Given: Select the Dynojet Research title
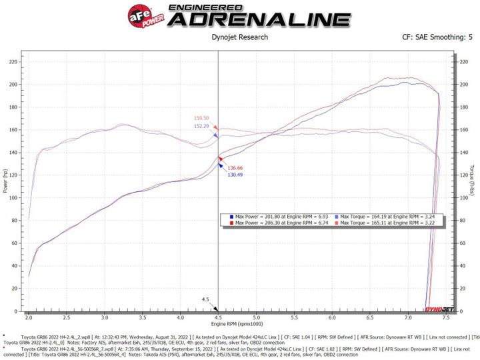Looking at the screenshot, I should (x=239, y=39).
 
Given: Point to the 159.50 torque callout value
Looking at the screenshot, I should (x=201, y=118).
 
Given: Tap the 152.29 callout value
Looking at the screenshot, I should (x=201, y=125).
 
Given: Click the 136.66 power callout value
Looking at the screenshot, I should (x=235, y=168).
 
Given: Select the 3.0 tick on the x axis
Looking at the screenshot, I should (x=105, y=318).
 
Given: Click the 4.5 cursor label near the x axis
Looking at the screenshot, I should (x=206, y=299).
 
